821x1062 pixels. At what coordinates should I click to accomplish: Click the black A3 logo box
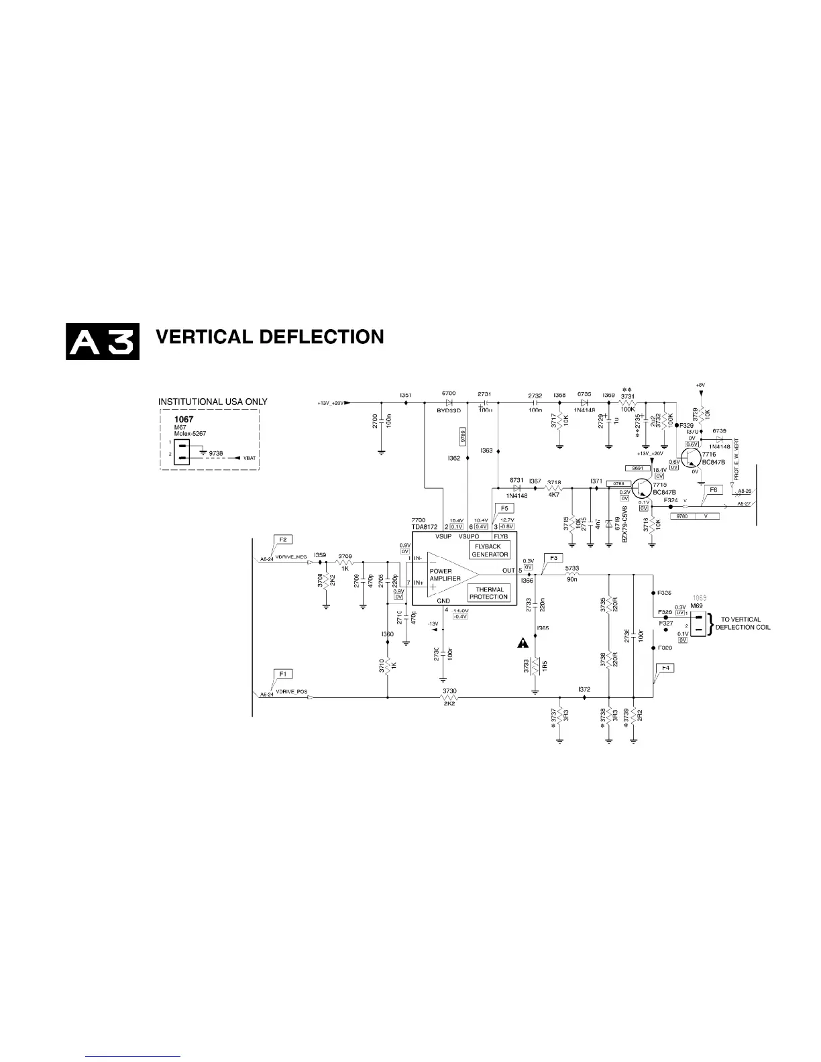pyautogui.click(x=103, y=341)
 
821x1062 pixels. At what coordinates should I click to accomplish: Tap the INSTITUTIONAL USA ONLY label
pyautogui.click(x=213, y=402)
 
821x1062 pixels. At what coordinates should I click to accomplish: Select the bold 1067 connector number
pyautogui.click(x=184, y=420)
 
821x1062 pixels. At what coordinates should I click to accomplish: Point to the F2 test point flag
pyautogui.click(x=283, y=539)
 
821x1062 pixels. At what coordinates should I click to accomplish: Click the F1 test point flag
pyautogui.click(x=283, y=674)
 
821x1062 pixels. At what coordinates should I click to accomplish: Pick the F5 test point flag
pyautogui.click(x=504, y=509)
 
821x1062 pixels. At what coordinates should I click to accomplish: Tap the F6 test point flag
pyautogui.click(x=714, y=490)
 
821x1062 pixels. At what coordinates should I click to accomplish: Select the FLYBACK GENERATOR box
pyautogui.click(x=490, y=550)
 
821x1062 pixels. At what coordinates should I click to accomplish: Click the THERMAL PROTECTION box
pyautogui.click(x=489, y=593)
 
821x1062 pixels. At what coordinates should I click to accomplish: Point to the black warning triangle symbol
pyautogui.click(x=523, y=644)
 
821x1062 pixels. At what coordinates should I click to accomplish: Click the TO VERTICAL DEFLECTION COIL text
pyautogui.click(x=742, y=624)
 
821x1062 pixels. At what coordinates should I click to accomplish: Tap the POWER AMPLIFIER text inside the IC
pyautogui.click(x=445, y=575)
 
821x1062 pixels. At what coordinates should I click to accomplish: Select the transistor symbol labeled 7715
pyautogui.click(x=642, y=488)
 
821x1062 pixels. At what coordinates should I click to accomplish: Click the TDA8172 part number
pyautogui.click(x=425, y=527)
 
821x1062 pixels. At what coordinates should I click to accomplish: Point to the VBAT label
pyautogui.click(x=250, y=458)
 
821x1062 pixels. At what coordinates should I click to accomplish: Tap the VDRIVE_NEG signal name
pyautogui.click(x=291, y=556)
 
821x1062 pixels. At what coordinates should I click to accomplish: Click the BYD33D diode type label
pyautogui.click(x=449, y=410)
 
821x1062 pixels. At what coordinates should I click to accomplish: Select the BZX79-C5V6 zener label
pyautogui.click(x=624, y=524)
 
